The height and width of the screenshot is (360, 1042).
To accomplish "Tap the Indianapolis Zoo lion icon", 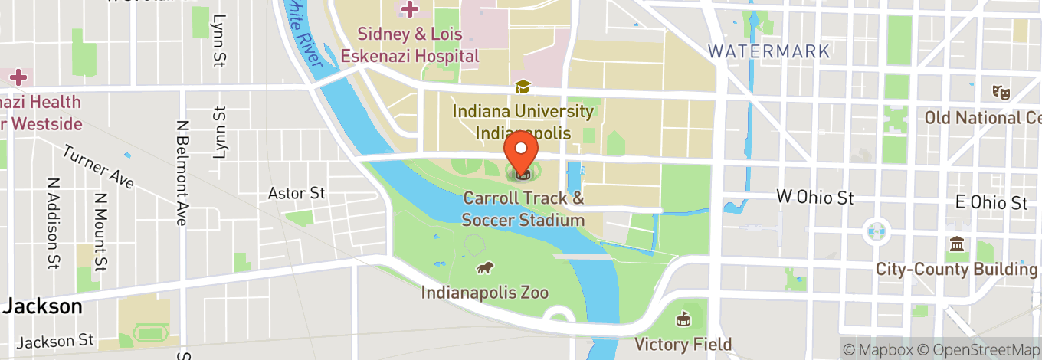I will [484, 267].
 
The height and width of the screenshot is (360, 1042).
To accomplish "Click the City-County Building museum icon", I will [957, 244].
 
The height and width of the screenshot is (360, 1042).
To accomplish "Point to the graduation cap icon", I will [523, 87].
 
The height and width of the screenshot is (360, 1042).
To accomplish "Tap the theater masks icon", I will [999, 91].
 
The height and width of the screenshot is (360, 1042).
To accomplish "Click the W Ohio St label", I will [815, 198].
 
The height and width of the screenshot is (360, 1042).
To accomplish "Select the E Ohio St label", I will [991, 203].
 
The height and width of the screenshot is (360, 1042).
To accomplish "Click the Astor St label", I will [297, 193].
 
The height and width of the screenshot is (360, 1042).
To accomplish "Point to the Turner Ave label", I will [99, 167].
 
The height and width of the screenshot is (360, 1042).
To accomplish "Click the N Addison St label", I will [53, 224].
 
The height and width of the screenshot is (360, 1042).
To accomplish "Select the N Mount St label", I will [100, 231].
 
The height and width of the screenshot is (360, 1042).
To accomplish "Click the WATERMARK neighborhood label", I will [768, 52].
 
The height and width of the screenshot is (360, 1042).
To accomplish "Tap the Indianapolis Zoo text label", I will [484, 293].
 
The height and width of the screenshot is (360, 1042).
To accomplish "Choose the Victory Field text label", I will [683, 344].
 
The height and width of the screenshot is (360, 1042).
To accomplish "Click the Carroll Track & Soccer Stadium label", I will [523, 209].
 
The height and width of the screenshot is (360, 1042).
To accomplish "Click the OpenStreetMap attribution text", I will [981, 349].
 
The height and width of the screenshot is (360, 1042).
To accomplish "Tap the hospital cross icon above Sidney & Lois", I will [410, 10].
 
